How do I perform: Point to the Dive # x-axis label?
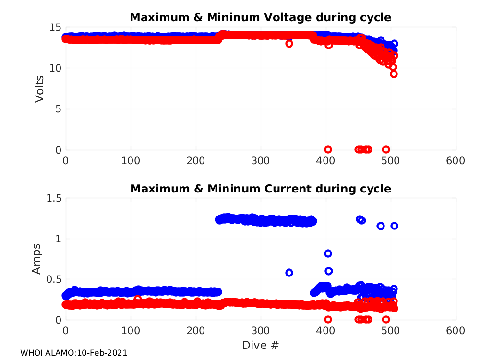pos(261,345)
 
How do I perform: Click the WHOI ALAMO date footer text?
pos(73,353)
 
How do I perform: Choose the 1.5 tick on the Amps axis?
pos(54,198)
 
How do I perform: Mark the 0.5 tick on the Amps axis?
pos(54,279)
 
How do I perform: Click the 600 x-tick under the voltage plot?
pos(456,160)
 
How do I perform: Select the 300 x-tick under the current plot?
pos(261,331)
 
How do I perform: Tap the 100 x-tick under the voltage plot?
pos(131,160)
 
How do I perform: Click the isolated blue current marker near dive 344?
pos(289,273)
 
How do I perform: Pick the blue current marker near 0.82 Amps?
pos(328,253)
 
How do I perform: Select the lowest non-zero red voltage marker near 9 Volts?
pos(394,74)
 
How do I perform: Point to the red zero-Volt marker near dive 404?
pos(328,149)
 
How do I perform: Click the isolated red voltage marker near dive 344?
pos(289,43)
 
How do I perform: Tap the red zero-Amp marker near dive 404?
pos(328,319)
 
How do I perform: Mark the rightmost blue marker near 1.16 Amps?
pos(394,226)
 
